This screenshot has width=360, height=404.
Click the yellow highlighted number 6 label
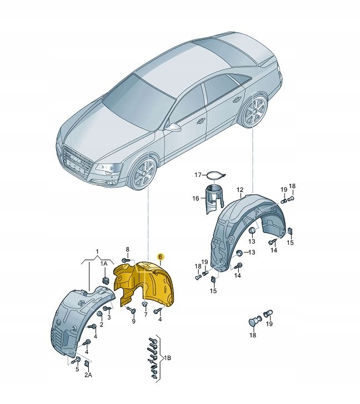pyautogui.click(x=160, y=256)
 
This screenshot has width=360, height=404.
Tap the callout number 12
pyautogui.click(x=239, y=190)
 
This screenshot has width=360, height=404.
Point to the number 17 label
pyautogui.click(x=198, y=175)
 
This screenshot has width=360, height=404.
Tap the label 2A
pyautogui.click(x=88, y=375)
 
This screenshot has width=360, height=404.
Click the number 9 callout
pyautogui.click(x=133, y=321)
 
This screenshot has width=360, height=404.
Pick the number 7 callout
pyautogui.click(x=146, y=315)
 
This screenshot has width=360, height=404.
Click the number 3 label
pyautogui.click(x=109, y=317)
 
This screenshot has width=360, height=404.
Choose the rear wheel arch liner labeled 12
pyautogui.click(x=247, y=228)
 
